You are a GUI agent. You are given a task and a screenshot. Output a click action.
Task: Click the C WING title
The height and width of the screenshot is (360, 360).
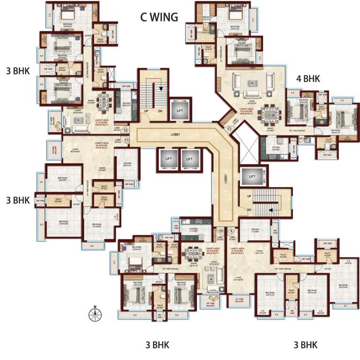click(x=159, y=17)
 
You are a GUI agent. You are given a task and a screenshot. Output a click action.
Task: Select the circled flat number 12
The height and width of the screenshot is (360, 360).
click(x=126, y=130)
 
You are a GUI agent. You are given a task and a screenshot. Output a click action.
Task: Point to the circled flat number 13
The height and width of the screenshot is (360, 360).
click(x=229, y=128)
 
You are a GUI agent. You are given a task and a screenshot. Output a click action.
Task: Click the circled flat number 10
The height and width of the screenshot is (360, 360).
click(x=220, y=231)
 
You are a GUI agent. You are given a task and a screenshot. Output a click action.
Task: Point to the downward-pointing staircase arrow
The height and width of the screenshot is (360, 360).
click(x=160, y=88)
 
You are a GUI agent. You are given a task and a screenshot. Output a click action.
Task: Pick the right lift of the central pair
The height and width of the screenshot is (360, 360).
click(x=190, y=159)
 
